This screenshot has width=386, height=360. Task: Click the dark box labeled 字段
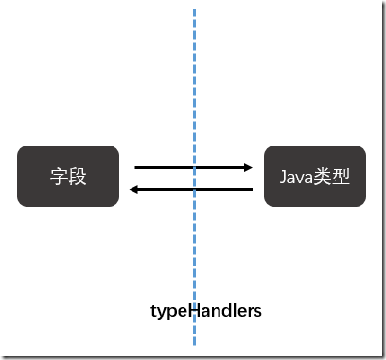pyautogui.click(x=68, y=176)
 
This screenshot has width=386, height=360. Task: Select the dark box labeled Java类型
pyautogui.click(x=314, y=176)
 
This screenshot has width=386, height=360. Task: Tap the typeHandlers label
pyautogui.click(x=206, y=310)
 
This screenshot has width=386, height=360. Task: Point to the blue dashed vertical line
pyautogui.click(x=195, y=94)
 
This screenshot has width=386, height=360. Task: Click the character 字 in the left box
pyautogui.click(x=59, y=176)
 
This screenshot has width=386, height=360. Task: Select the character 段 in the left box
pyautogui.click(x=78, y=176)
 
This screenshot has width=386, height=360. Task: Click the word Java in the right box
pyautogui.click(x=295, y=176)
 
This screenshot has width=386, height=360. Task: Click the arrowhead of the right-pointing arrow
pyautogui.click(x=249, y=167)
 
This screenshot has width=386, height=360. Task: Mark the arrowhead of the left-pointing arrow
pyautogui.click(x=134, y=189)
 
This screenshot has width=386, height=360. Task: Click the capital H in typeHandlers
pyautogui.click(x=189, y=310)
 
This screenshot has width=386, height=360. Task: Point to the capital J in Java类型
pyautogui.click(x=283, y=176)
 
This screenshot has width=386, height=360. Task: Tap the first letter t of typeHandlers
pyautogui.click(x=153, y=311)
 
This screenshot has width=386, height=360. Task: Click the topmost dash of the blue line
pyautogui.click(x=195, y=13)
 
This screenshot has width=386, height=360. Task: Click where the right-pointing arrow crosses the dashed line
pyautogui.click(x=195, y=167)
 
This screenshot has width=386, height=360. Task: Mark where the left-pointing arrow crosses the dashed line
pyautogui.click(x=195, y=189)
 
